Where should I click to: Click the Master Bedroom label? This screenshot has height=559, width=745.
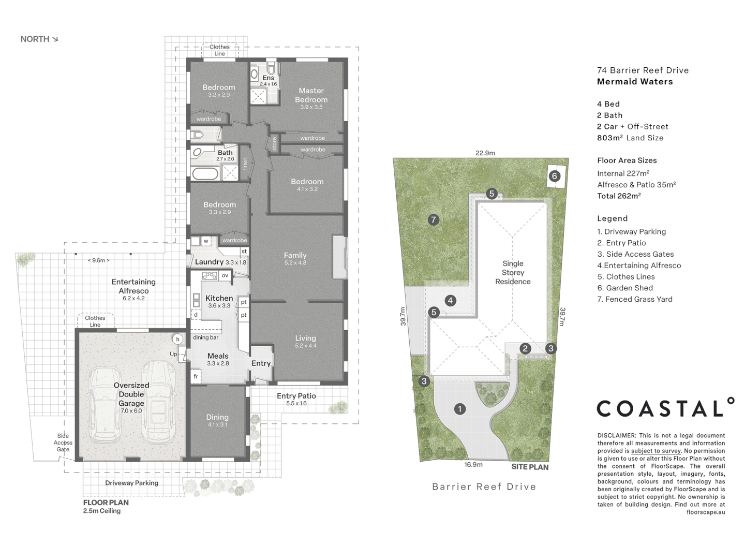coord(311,95)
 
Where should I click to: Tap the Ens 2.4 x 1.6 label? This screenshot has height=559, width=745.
coord(268,80)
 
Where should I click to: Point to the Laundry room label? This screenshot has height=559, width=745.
coord(209,262)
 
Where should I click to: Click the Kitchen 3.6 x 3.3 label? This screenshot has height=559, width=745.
coord(219,301)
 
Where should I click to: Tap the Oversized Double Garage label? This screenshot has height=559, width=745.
coord(131,394)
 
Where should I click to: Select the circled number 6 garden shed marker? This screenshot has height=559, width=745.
coord(554,176)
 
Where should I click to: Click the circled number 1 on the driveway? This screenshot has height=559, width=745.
coord(459,409)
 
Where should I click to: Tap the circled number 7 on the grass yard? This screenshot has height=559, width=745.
coord(434,220)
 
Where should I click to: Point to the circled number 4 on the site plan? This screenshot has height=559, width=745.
coord(450,300)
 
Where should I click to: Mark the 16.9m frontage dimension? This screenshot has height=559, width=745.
coord(473,465)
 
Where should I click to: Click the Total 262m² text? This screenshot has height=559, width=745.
coord(619,196)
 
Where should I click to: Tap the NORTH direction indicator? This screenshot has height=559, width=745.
coord(39,39)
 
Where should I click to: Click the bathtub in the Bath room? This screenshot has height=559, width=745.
coord(205,173)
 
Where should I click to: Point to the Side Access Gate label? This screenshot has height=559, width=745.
coord(63,443)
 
